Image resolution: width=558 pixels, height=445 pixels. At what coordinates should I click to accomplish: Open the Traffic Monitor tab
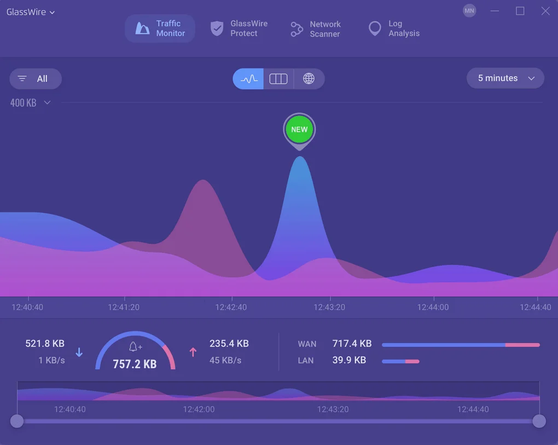pos(160,28)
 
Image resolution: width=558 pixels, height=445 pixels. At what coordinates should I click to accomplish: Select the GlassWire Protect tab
pos(239,28)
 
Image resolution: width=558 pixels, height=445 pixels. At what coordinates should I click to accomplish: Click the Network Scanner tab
pos(316,29)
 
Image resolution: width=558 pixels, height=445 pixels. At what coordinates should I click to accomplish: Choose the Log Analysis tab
pos(394,28)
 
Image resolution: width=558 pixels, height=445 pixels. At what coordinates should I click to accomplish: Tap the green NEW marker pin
pos(299,130)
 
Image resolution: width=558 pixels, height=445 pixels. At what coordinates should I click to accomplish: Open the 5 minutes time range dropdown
pos(505,78)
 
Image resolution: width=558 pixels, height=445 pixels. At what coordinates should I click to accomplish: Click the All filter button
pos(36,79)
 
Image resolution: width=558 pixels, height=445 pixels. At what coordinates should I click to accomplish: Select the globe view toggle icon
pos(309,79)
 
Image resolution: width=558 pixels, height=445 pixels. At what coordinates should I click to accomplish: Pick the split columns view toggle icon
pos(278,79)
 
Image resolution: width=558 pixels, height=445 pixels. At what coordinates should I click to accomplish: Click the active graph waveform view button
pos(248,79)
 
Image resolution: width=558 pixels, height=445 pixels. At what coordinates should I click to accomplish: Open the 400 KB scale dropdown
pos(30,103)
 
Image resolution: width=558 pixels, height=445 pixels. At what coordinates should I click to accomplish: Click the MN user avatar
pos(469,11)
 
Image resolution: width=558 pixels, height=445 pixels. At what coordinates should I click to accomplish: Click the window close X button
pos(545,11)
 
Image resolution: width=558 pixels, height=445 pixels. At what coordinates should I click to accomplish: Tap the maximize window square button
pos(520,11)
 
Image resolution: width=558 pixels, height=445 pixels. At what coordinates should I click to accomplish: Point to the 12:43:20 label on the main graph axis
pos(329,307)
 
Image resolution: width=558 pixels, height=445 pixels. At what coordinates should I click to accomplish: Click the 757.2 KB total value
pos(135,364)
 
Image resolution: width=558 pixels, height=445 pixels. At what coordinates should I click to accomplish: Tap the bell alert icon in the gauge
pos(135,346)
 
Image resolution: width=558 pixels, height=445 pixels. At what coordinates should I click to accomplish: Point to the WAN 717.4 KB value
pos(352,344)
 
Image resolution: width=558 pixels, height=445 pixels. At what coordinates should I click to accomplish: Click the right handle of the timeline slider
pos(539,421)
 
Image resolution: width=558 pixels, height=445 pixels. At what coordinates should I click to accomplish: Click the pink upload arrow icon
pos(193,352)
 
